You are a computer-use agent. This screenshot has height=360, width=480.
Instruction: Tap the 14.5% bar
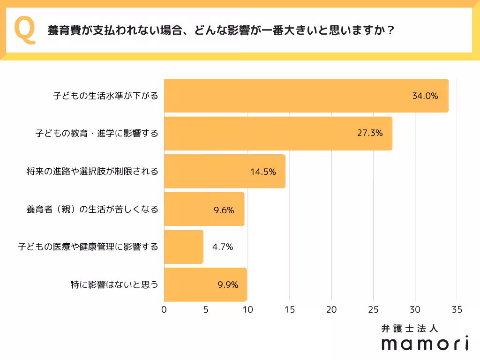[x=224, y=171]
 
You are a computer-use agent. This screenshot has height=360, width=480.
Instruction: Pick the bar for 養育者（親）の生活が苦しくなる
[x=204, y=209]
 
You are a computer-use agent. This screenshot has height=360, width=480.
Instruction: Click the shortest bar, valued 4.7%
[x=183, y=247]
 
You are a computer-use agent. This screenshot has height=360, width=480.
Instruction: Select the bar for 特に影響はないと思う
[x=205, y=285]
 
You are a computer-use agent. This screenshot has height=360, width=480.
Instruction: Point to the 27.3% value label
[x=370, y=133]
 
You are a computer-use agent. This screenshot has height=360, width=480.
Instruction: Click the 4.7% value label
[x=223, y=247]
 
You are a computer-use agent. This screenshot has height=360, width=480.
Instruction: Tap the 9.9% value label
[x=228, y=285]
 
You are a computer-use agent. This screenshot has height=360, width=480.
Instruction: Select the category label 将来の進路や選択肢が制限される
[x=92, y=171]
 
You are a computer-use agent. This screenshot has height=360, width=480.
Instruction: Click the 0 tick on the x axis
[x=164, y=309]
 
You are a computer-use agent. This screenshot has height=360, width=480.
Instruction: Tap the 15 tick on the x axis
[x=290, y=309]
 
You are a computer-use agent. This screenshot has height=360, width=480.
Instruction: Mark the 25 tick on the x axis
[x=373, y=309]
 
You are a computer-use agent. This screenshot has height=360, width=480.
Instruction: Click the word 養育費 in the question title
[x=62, y=31]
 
